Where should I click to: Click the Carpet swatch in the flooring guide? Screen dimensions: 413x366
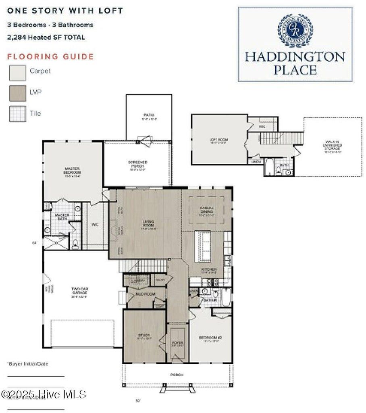point(18,73)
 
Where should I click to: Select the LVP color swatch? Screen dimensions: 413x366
point(18,94)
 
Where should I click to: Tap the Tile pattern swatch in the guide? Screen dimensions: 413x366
point(18,114)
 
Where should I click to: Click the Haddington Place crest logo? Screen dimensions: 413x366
point(295,31)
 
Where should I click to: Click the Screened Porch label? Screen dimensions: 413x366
point(138,164)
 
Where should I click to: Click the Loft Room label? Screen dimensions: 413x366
point(218,140)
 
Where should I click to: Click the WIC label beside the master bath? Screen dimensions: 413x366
point(96,225)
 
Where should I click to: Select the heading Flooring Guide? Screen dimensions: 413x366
point(50,57)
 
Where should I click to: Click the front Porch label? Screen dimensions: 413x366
point(177,375)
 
